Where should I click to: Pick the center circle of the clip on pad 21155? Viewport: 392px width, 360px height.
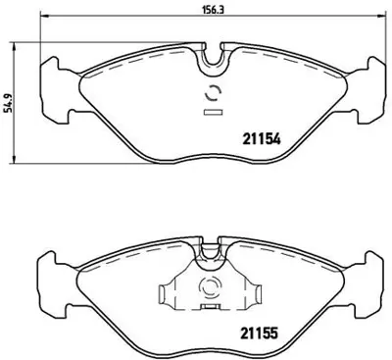pyautogui.click(x=208, y=288)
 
